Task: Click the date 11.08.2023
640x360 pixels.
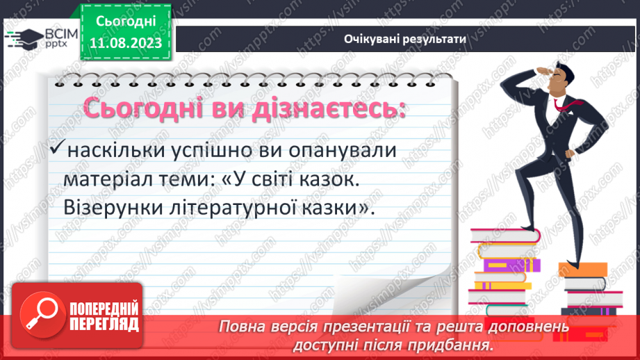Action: [x=126, y=43]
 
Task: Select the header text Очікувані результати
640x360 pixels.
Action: [x=404, y=40]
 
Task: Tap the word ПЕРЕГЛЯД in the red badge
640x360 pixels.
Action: [x=103, y=323]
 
